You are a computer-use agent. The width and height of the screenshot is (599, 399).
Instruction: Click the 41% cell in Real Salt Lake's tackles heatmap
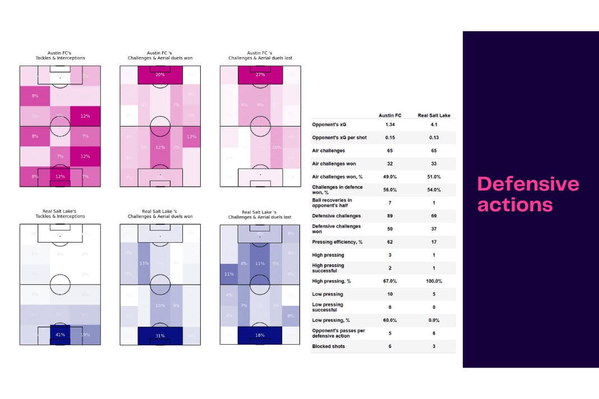click(60, 335)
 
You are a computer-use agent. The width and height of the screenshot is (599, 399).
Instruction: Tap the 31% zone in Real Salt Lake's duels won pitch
click(160, 335)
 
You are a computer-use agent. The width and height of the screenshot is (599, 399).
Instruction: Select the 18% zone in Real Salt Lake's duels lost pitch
click(260, 335)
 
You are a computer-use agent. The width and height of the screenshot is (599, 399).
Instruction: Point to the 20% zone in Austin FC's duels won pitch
click(160, 75)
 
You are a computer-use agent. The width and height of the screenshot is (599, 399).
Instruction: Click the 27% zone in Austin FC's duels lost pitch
click(260, 75)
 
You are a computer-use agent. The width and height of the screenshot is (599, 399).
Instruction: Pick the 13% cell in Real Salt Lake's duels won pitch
click(144, 263)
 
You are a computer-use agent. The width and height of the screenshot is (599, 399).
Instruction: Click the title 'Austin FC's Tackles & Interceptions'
click(60, 55)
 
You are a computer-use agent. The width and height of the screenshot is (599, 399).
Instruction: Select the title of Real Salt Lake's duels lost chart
click(260, 214)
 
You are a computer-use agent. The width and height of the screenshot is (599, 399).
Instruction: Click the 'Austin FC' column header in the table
click(390, 115)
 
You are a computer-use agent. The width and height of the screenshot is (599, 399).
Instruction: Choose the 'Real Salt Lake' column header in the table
click(434, 115)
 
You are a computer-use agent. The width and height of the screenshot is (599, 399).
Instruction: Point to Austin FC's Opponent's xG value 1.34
click(390, 124)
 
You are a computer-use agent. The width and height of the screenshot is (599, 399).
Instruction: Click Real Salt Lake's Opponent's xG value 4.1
click(434, 124)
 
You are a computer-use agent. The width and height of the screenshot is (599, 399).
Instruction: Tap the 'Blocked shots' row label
click(328, 346)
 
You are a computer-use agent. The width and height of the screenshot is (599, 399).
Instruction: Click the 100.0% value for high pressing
click(434, 281)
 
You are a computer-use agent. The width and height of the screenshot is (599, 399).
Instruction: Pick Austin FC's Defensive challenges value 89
click(390, 216)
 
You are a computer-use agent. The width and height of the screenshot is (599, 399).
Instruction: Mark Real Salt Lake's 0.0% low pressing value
click(434, 320)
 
